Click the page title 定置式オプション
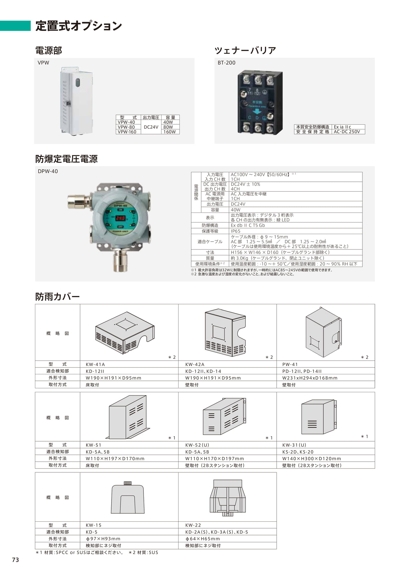pyautogui.click(x=79, y=26)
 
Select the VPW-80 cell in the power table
pyautogui.click(x=126, y=127)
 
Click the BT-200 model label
pyautogui.click(x=226, y=63)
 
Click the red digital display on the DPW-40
pyautogui.click(x=120, y=218)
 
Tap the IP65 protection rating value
pyautogui.click(x=236, y=231)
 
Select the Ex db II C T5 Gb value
pyautogui.click(x=248, y=225)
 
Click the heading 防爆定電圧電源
pyautogui.click(x=66, y=159)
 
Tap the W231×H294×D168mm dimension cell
pyautogui.click(x=310, y=378)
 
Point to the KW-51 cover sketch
pyautogui.click(x=128, y=417)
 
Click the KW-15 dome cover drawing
pyautogui.click(x=128, y=497)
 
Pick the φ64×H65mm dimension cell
pyautogui.click(x=202, y=539)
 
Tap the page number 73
pyautogui.click(x=16, y=560)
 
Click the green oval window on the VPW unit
pyautogui.click(x=78, y=82)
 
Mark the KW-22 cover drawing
pyautogui.click(x=228, y=497)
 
